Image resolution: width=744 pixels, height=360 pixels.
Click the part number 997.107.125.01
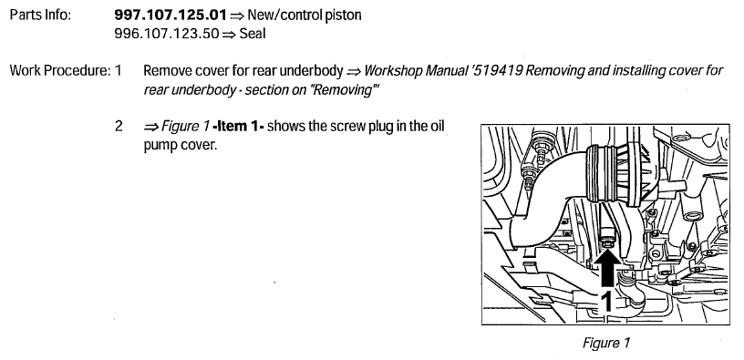click(x=170, y=16)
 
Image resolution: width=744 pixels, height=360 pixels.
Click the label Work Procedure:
click(x=56, y=70)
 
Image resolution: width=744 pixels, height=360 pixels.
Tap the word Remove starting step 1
click(x=168, y=70)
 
